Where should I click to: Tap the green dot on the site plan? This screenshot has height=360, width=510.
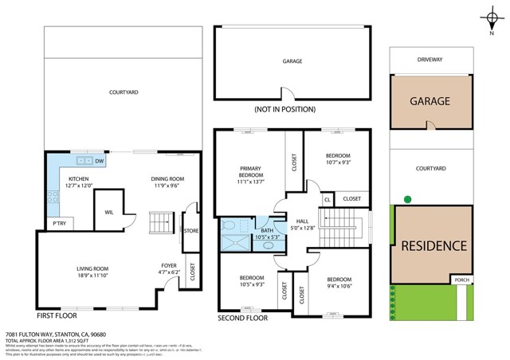(x=406, y=198)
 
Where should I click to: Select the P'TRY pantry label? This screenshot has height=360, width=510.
(x=57, y=223)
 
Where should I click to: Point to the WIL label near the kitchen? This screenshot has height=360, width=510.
(x=108, y=213)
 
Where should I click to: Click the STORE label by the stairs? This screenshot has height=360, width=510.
(x=190, y=231)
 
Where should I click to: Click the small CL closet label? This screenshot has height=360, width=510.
(x=328, y=198)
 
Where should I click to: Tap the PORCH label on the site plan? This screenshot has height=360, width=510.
(x=461, y=280)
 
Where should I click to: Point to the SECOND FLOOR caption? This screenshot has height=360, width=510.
(x=244, y=318)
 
